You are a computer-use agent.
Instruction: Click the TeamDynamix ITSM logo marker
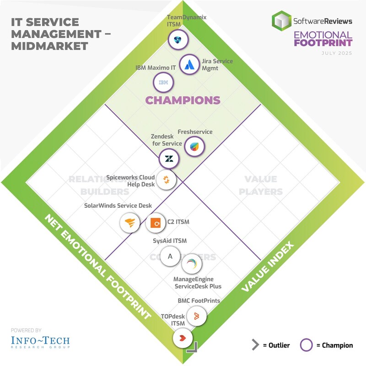tap(176, 40)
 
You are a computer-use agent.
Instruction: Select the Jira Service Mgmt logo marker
tap(188, 65)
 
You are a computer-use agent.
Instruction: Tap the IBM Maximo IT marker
tap(163, 83)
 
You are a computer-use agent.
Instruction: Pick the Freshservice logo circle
tap(194, 147)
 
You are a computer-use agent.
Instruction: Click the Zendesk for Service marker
tap(169, 159)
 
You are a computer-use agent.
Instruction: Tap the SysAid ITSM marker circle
tap(170, 256)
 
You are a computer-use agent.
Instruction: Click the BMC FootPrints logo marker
tap(196, 316)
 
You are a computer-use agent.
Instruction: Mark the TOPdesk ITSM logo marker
tap(183, 339)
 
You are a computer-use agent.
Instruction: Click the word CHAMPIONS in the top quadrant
tap(183, 100)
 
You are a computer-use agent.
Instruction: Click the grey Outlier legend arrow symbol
tap(255, 345)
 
